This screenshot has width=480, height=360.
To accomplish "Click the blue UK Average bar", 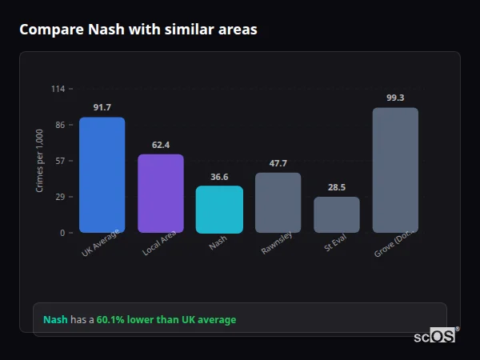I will (x=102, y=175).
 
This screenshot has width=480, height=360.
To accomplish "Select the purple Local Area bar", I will (x=161, y=194).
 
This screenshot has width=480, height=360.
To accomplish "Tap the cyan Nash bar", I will (x=219, y=210).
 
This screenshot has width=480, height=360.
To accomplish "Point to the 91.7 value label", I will (x=102, y=107).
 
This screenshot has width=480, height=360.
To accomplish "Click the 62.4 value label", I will (x=161, y=145).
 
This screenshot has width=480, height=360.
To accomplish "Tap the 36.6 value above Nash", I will (x=219, y=177).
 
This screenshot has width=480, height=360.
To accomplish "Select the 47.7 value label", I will (x=278, y=163).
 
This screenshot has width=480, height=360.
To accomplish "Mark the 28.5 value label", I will (x=336, y=187).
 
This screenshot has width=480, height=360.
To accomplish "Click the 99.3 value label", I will (x=395, y=98).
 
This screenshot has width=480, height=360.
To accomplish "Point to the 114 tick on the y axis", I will (x=58, y=89).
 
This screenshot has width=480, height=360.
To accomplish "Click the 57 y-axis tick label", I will (x=59, y=161).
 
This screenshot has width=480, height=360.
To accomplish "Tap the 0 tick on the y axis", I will (x=62, y=233).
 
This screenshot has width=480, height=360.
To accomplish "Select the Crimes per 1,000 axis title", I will (x=40, y=160).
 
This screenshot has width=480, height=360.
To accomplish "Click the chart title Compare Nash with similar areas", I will (x=138, y=30).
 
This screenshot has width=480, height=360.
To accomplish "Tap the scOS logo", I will (x=435, y=336).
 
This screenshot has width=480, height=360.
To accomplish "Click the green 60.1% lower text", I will (x=166, y=320).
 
